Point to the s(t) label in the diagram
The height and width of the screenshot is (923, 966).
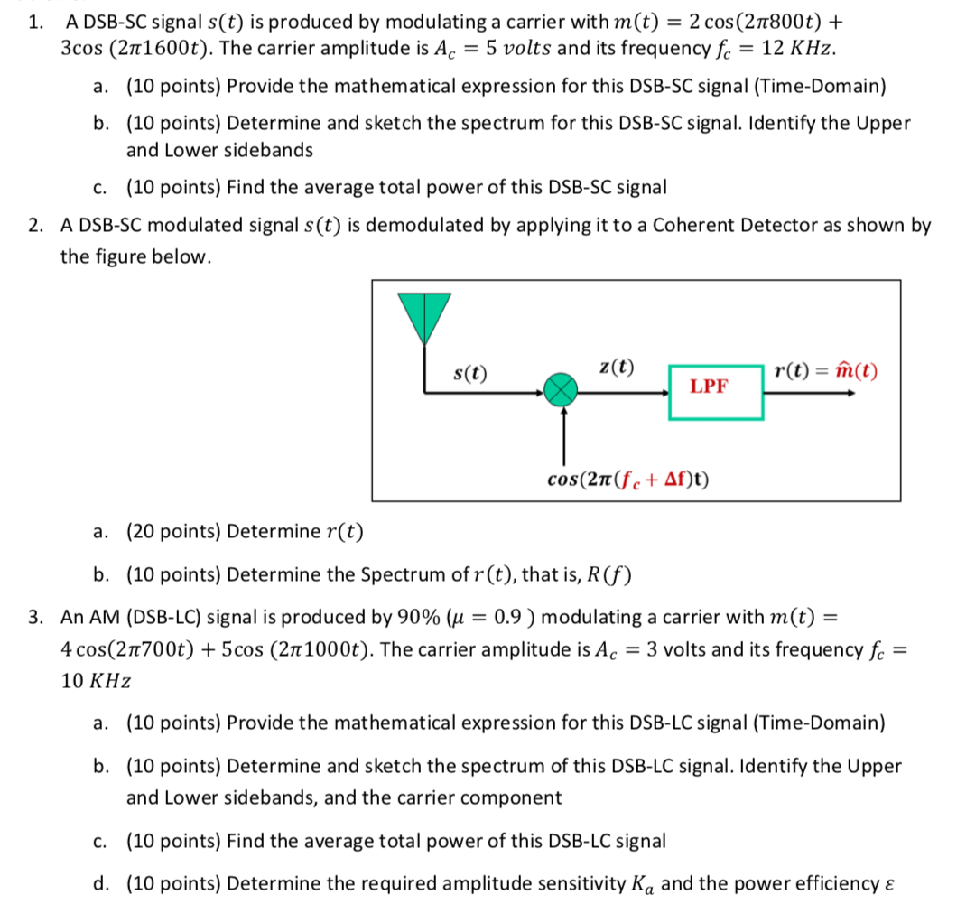469,371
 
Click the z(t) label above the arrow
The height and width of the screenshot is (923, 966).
617,367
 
